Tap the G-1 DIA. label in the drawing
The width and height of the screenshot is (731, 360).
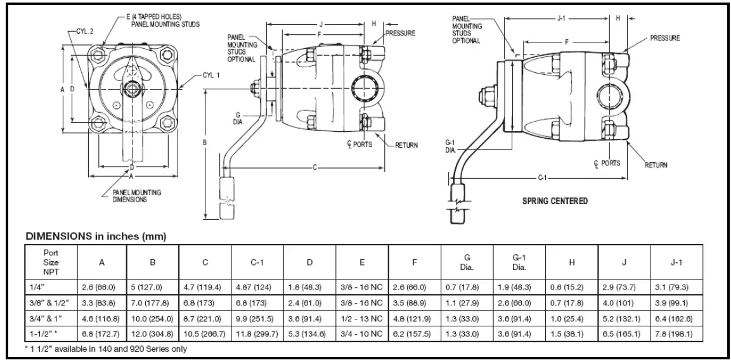(x=451, y=147)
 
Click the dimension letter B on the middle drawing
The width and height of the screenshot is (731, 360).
(x=205, y=142)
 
